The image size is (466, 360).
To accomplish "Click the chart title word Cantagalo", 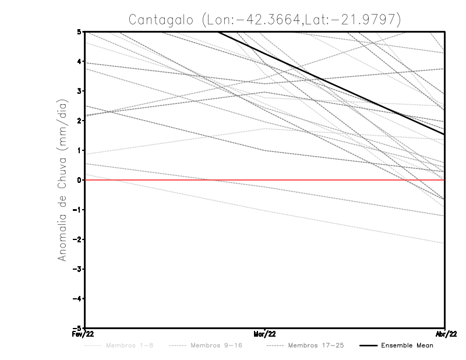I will [x=160, y=19].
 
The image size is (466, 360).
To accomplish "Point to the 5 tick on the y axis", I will [x=79, y=31].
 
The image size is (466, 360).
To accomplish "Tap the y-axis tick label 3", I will [x=79, y=91].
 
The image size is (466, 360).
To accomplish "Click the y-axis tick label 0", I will [x=79, y=180].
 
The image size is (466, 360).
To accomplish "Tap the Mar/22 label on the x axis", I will [x=264, y=334].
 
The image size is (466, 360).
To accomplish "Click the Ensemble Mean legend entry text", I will [x=407, y=345].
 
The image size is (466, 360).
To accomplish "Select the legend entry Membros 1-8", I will [x=130, y=345].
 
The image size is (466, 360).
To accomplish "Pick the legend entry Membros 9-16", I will [x=216, y=345].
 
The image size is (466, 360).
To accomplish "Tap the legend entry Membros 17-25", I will [x=316, y=345].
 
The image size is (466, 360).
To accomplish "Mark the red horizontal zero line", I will [x=175, y=180].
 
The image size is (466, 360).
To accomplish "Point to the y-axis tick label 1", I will [x=79, y=150].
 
